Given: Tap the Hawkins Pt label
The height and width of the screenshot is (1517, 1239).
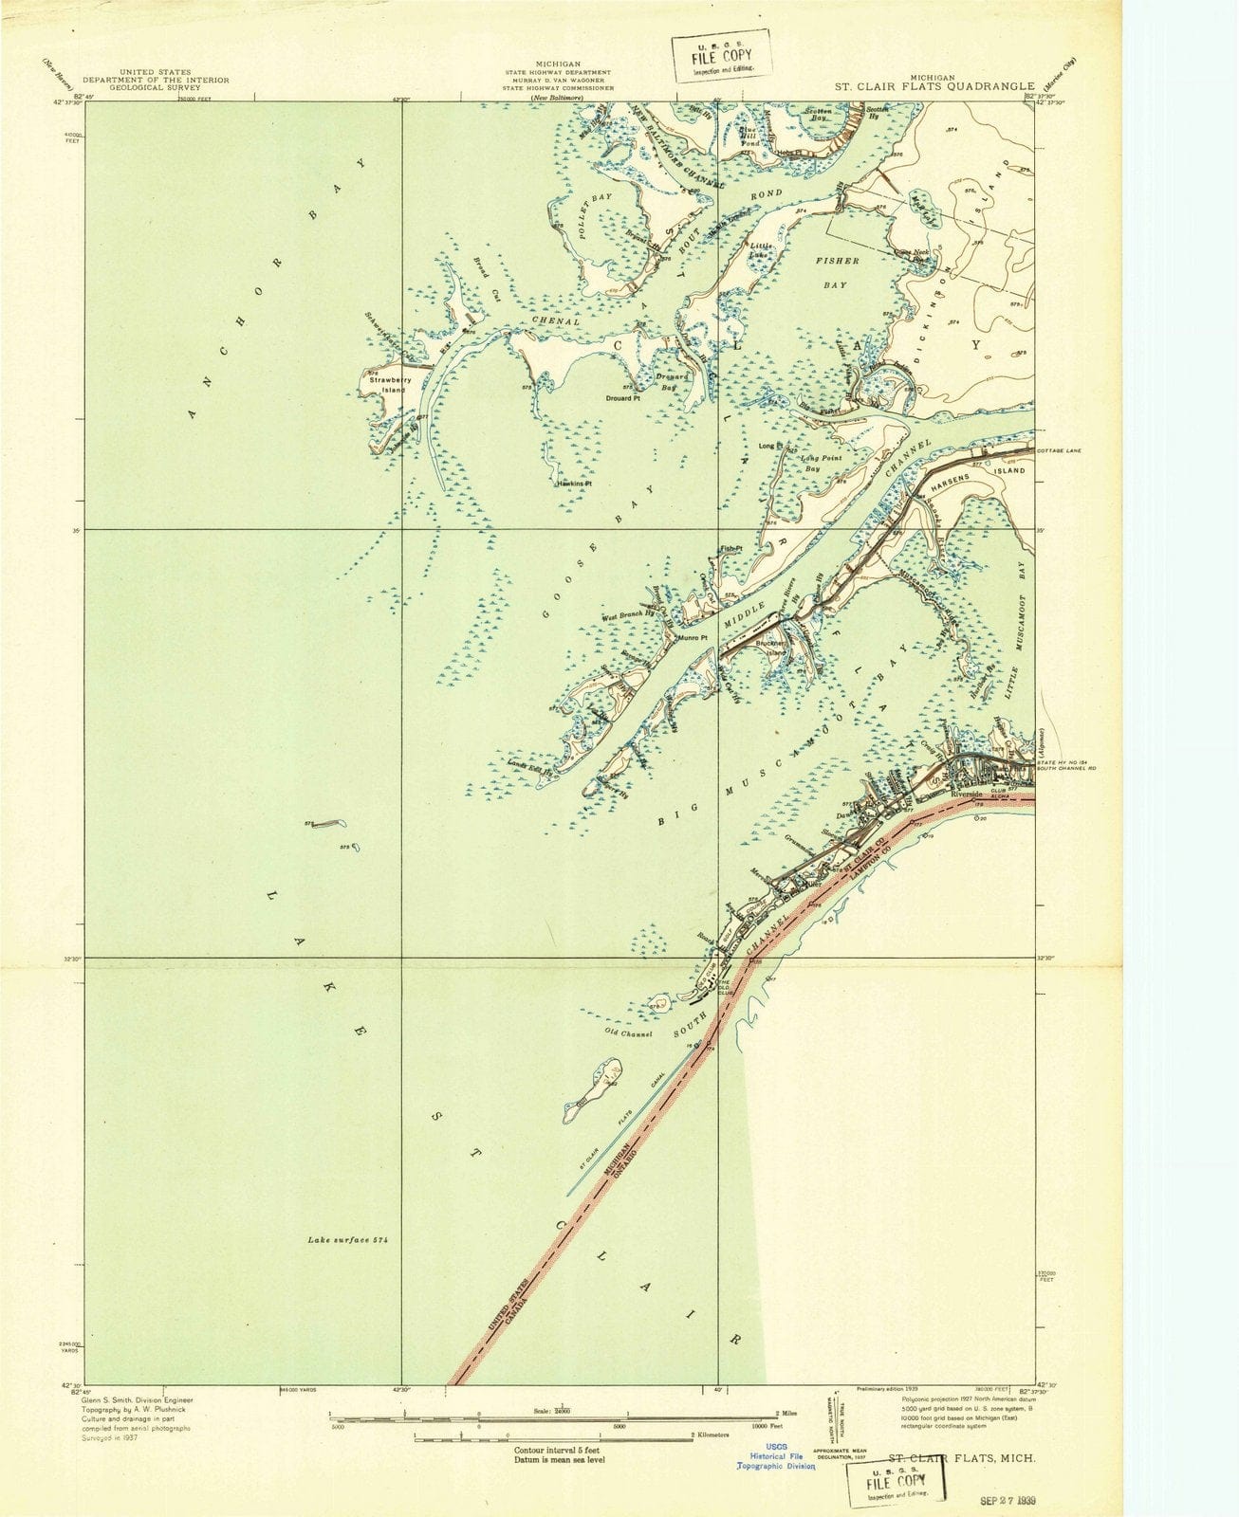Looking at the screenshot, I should click(x=574, y=484).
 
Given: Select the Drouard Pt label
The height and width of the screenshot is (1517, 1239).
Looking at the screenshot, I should click(x=623, y=398).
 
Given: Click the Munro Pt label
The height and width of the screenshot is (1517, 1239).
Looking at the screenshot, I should click(x=693, y=638).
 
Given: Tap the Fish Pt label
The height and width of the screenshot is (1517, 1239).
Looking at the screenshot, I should click(x=730, y=548).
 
